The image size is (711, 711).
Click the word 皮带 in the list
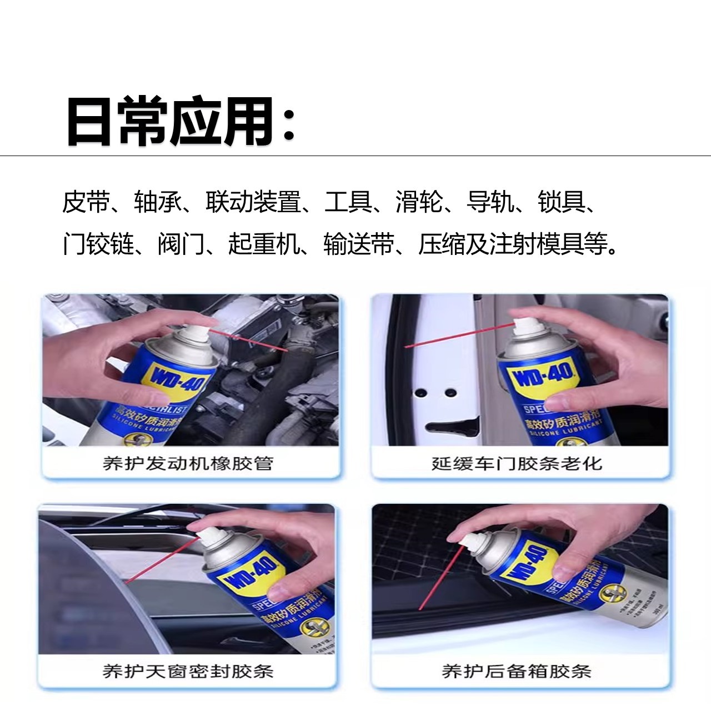point(86,202)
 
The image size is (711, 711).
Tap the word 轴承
point(157,202)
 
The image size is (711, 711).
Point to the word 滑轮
point(419,202)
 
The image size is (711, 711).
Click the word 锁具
point(561,202)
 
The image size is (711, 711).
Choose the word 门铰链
point(98,244)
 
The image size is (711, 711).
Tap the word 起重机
point(263,244)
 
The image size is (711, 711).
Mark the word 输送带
point(358,244)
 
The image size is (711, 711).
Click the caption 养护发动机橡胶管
point(188,463)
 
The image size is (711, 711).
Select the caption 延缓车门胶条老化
point(517,463)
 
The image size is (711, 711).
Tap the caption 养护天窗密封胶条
point(188,671)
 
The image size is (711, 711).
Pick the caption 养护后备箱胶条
point(517,671)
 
